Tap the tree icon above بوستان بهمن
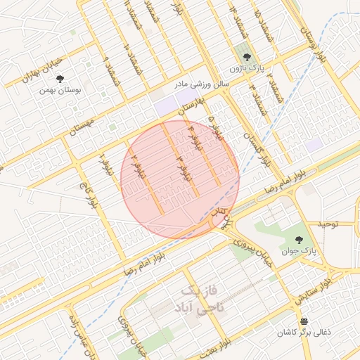(x=60, y=79)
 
